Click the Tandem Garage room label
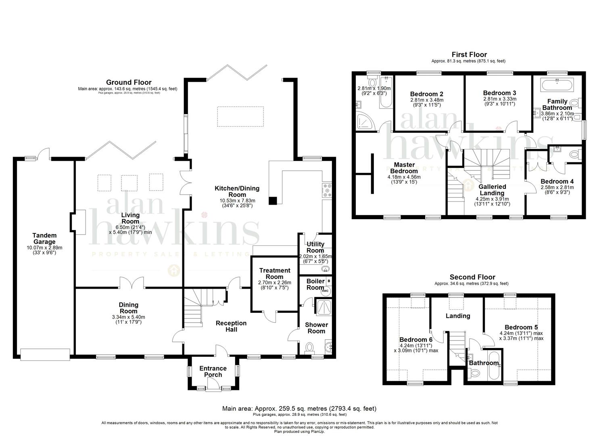pyautogui.click(x=44, y=238)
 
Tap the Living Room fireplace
pyautogui.click(x=78, y=222)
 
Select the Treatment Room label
pyautogui.click(x=274, y=273)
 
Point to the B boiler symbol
pyautogui.click(x=328, y=280)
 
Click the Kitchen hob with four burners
pyautogui.click(x=327, y=191)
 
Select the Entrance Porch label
pyautogui.click(x=213, y=371)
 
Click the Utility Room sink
pyautogui.click(x=326, y=269)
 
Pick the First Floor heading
pyautogui.click(x=469, y=55)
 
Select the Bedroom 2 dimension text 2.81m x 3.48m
pyautogui.click(x=426, y=100)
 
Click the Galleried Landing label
pyautogui.click(x=492, y=190)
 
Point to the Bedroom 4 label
pyautogui.click(x=557, y=182)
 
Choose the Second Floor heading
pyautogui.click(x=472, y=277)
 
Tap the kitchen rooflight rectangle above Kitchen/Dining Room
pyautogui.click(x=241, y=117)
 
